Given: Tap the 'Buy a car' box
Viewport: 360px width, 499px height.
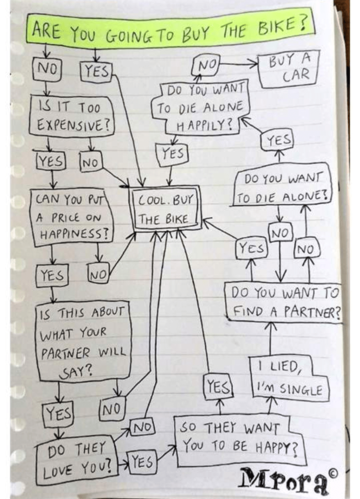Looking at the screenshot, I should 289,69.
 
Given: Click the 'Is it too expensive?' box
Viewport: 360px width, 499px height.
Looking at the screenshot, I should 71,116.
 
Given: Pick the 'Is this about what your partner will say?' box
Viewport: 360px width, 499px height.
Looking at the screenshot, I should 83,341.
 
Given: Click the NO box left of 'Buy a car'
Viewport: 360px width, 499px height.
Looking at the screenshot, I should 207,65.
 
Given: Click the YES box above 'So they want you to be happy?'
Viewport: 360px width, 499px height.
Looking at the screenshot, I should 218,388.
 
